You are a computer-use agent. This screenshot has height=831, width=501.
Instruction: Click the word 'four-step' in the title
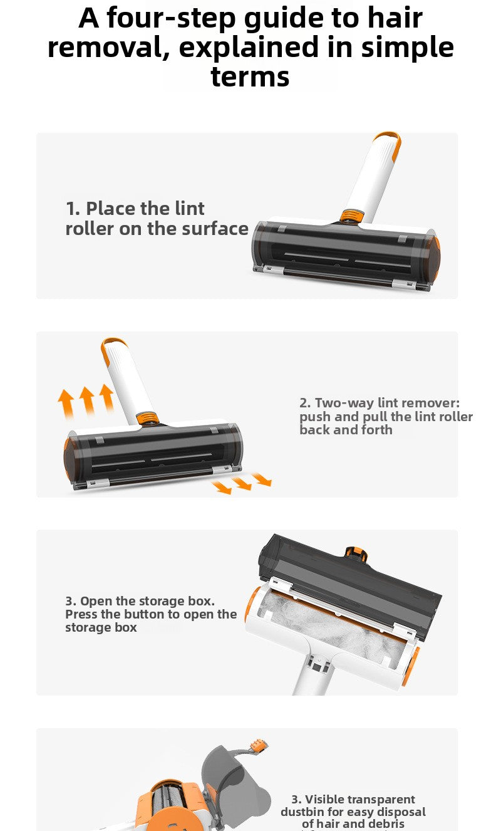tap(170, 18)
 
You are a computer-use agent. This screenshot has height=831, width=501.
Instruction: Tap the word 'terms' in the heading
tap(250, 77)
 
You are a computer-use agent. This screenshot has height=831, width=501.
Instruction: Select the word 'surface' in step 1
tap(215, 229)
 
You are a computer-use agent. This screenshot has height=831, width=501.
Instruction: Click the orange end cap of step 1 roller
tap(436, 258)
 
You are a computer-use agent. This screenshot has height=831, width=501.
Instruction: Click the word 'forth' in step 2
tap(377, 430)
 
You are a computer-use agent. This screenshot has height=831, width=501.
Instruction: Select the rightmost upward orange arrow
tap(107, 398)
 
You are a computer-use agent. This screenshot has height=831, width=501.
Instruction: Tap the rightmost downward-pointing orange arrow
tap(262, 479)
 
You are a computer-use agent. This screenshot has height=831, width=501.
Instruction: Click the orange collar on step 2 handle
tap(147, 419)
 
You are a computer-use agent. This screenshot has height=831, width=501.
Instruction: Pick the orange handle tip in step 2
tap(110, 348)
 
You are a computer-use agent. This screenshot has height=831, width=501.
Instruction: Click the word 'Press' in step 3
tap(81, 614)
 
